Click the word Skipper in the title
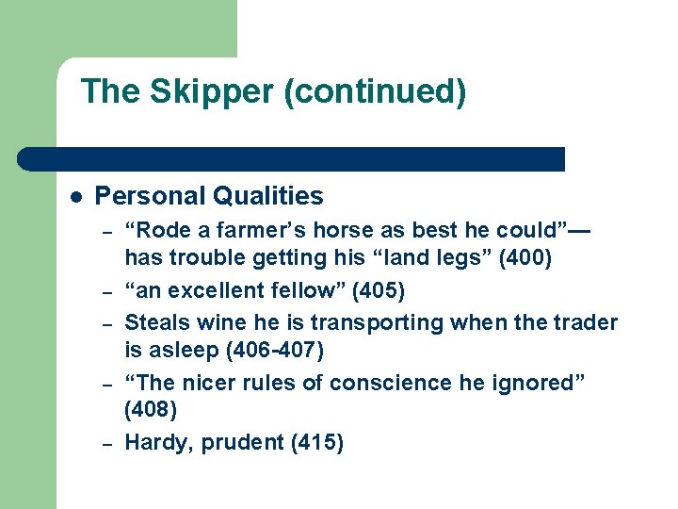(x=196, y=92)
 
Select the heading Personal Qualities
(x=209, y=196)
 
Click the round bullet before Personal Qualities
(x=75, y=197)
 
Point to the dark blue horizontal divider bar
(x=292, y=158)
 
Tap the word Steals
(x=157, y=322)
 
